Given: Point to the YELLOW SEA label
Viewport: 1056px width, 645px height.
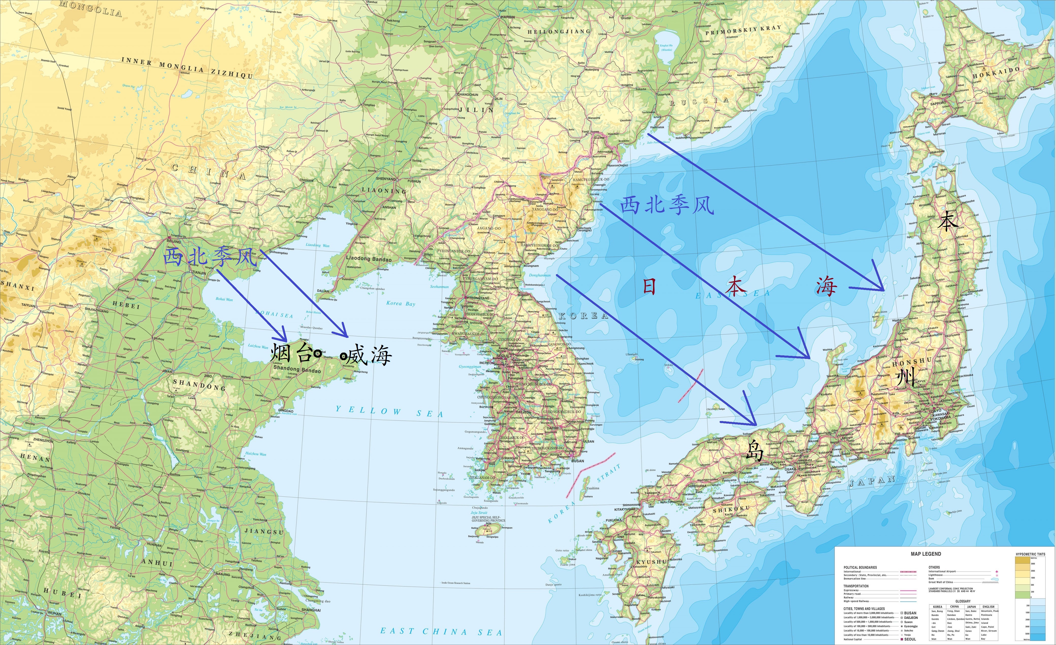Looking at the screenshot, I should tap(389, 412).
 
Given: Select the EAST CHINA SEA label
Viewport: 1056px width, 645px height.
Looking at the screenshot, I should tap(441, 631).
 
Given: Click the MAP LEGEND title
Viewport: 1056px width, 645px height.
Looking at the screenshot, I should tap(926, 554).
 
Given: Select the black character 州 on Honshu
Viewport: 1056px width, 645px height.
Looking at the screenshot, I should tap(905, 377).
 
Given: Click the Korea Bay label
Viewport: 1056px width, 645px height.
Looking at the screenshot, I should tap(401, 303).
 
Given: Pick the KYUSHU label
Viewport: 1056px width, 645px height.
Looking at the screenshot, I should tap(651, 562).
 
